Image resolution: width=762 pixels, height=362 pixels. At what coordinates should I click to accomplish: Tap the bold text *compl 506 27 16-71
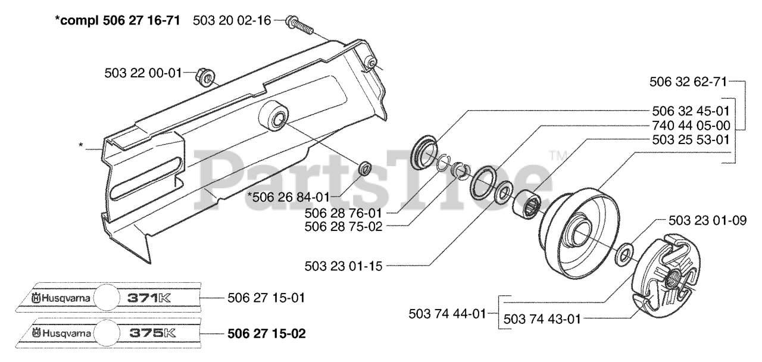coord(121,20)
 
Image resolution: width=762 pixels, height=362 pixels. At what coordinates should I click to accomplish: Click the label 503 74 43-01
coord(542,319)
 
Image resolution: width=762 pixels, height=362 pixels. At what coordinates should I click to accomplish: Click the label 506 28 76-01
coord(343,213)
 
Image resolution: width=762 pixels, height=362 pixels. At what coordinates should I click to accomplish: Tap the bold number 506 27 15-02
coord(267,333)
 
